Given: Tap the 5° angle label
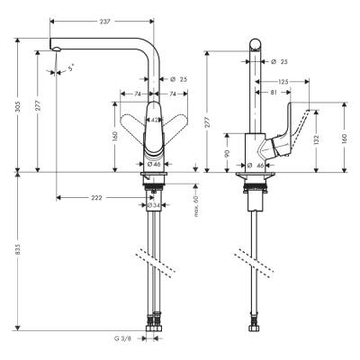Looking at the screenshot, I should pos(71,67).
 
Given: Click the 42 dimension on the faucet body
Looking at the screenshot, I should pos(154,119).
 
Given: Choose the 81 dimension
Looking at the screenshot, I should pos(274,93).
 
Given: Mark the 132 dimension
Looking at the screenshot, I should pos(317,140).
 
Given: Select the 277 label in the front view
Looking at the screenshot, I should pos(37,105).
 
